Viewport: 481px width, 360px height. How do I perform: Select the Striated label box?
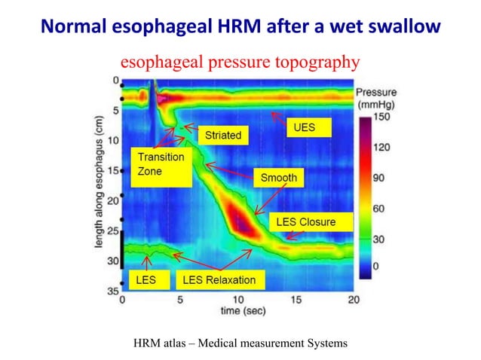[223, 135]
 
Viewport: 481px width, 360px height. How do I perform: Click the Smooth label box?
[278, 178]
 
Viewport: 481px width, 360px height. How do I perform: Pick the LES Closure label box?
[305, 222]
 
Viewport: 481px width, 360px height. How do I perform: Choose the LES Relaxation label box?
[219, 280]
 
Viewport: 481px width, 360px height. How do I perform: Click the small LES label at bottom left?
[146, 280]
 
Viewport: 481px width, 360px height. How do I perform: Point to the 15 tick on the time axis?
[296, 300]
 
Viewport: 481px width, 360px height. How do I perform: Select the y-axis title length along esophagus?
[100, 185]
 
